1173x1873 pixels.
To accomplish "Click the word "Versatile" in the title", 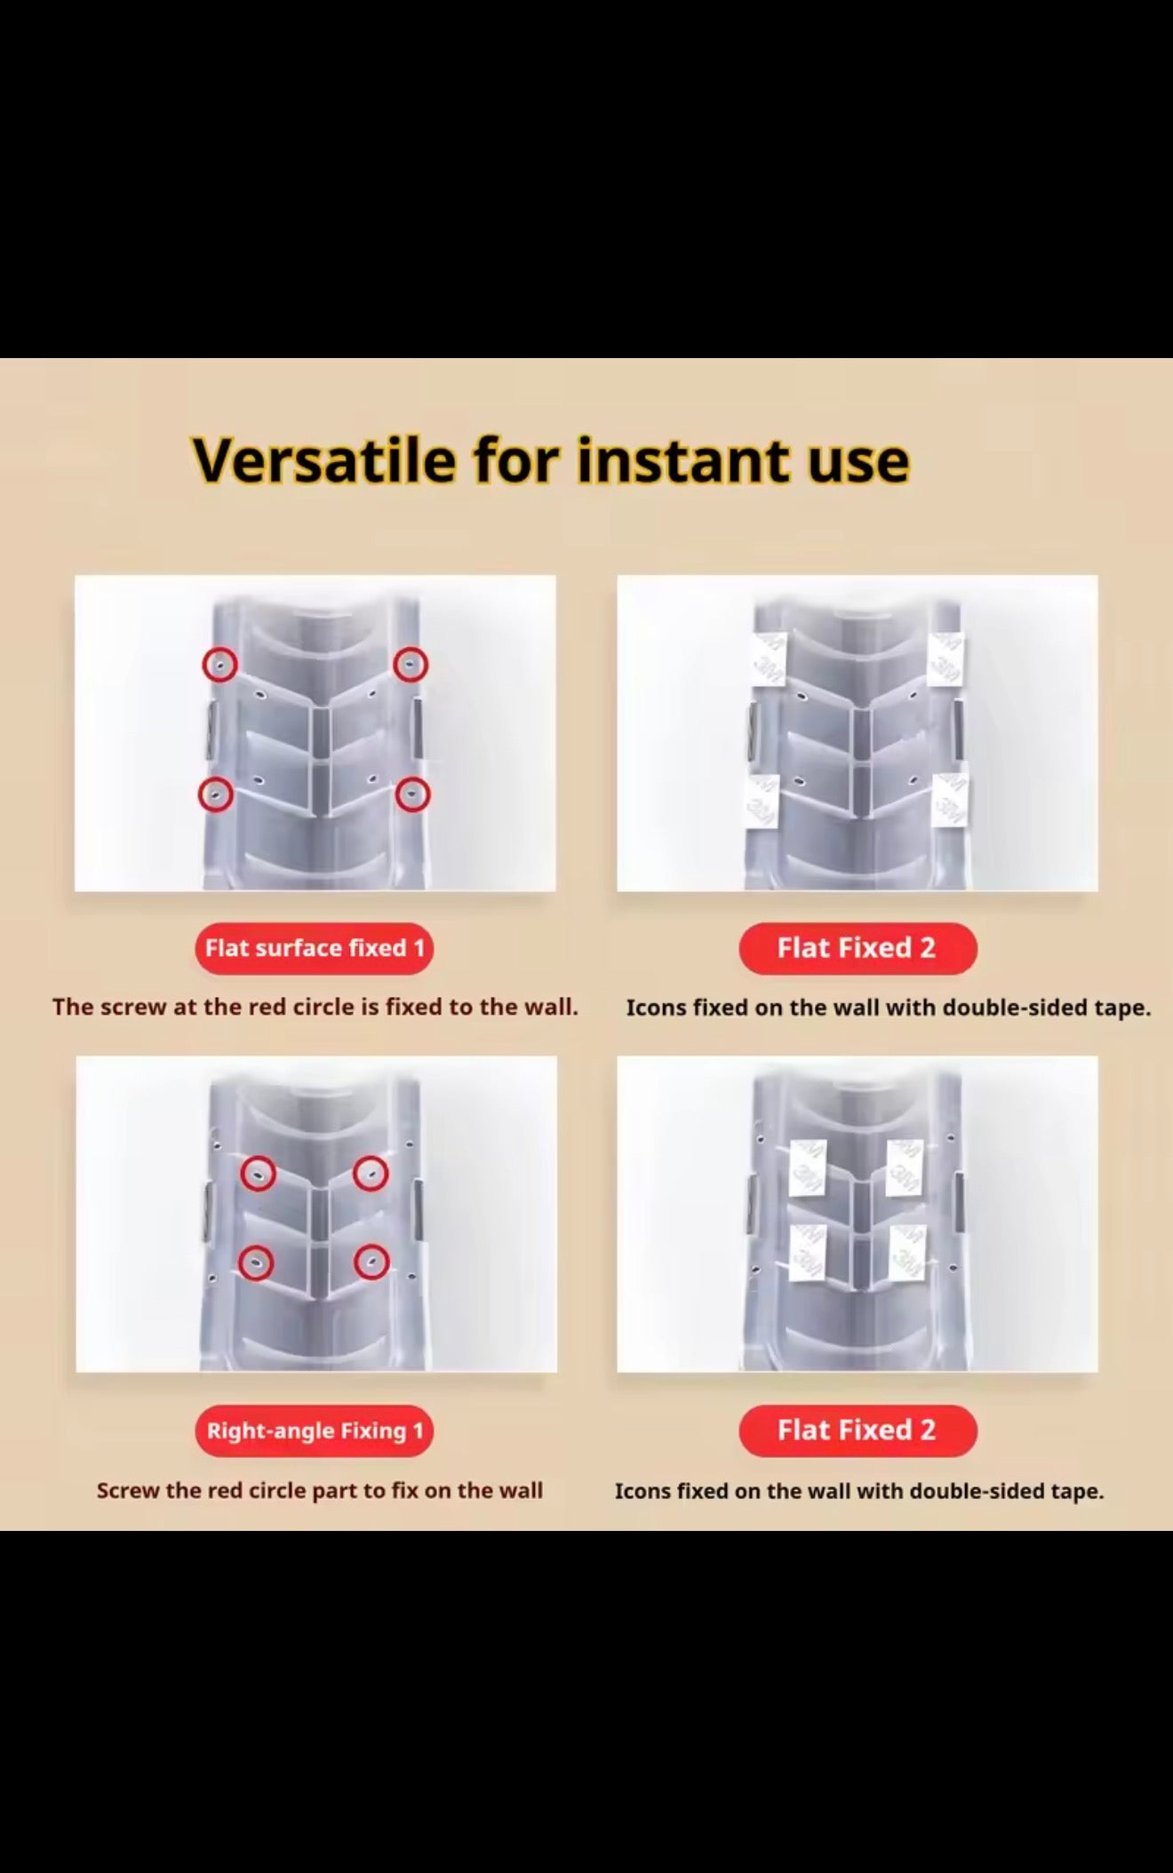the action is (x=324, y=460).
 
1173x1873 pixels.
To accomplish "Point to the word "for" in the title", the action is (x=516, y=460).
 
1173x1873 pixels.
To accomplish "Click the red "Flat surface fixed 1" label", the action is (x=315, y=948).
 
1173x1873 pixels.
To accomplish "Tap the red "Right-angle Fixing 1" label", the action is (x=315, y=1431).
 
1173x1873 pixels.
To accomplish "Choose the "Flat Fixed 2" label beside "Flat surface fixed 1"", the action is (x=858, y=948).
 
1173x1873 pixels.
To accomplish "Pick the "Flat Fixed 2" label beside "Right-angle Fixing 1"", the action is (x=858, y=1430).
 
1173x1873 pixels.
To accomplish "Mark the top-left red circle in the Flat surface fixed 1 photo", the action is (x=219, y=664).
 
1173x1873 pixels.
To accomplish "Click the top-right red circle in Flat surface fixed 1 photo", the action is (x=411, y=664).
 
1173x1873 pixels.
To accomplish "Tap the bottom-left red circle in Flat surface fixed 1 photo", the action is (x=215, y=793).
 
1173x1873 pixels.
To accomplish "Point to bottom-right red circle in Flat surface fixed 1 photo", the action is (x=412, y=793).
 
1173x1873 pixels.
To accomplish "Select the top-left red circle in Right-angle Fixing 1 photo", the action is (x=258, y=1173).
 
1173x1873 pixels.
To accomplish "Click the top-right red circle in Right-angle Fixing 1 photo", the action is (x=371, y=1173).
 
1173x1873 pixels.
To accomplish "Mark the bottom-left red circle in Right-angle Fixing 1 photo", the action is (x=256, y=1262).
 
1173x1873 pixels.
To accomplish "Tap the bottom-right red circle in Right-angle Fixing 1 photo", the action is (x=371, y=1262).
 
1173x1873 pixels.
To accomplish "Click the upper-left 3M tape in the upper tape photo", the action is (x=769, y=659).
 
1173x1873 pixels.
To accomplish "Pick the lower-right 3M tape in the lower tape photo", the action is (x=906, y=1253).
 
